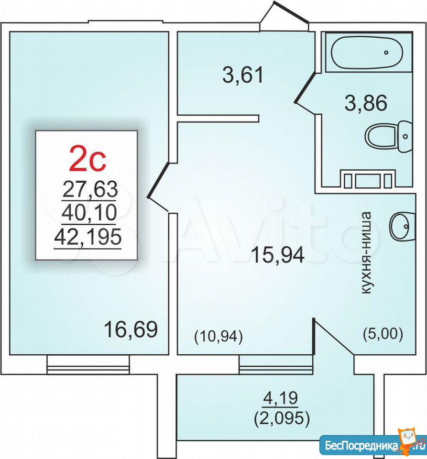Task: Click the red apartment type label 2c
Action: coord(87,159)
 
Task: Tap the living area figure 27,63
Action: coord(90,189)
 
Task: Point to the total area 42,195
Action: coord(88,237)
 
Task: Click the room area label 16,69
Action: coord(131,329)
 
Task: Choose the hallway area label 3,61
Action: coord(243,75)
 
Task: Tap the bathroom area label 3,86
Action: coord(366,103)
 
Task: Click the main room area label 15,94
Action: coord(278,255)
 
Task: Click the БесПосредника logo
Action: coord(372,445)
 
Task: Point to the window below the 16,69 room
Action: coord(88,364)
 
